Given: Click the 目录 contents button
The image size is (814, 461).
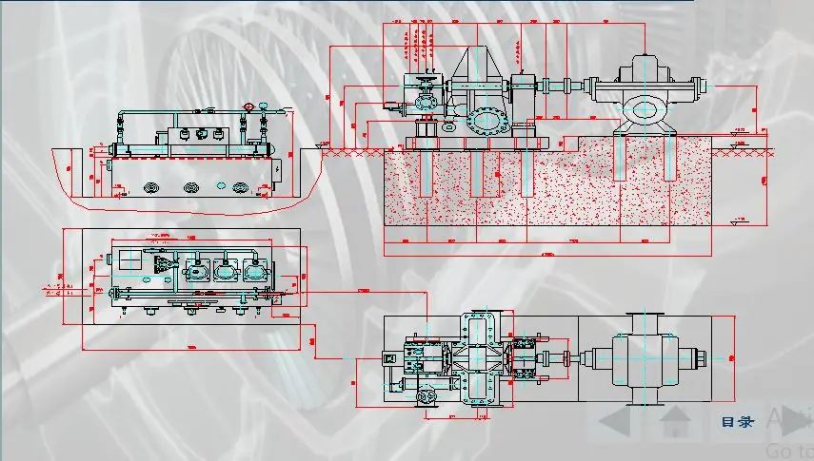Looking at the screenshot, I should pos(737,422).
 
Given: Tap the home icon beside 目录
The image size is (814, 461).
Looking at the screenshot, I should pos(675,419).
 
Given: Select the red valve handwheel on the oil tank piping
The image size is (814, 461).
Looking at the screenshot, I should pos(248,106).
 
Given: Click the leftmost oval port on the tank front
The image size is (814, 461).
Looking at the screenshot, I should pos(150,189).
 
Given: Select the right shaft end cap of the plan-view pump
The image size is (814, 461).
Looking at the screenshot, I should pos(701,359).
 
